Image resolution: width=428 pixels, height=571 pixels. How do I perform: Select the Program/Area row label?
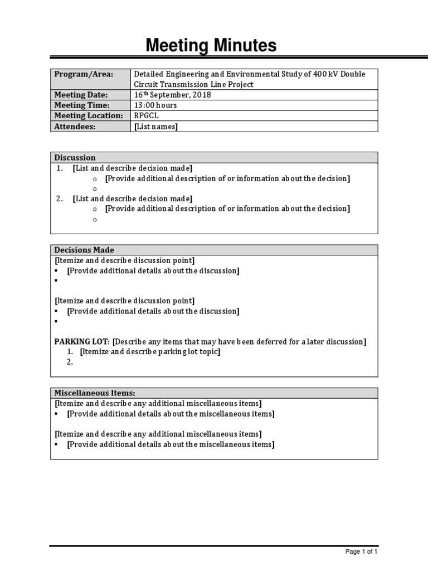click(x=83, y=74)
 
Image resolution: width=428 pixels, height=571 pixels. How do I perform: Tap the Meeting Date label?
click(x=81, y=95)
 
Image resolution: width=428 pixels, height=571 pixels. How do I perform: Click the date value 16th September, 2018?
click(x=172, y=95)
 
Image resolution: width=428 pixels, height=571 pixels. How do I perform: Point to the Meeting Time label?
click(x=82, y=105)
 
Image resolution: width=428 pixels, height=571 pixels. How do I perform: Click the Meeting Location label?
click(x=88, y=116)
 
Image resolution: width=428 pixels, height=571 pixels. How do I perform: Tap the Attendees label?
click(x=75, y=127)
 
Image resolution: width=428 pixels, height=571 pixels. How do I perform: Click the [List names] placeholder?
click(x=156, y=127)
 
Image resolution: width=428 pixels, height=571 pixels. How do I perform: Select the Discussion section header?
click(x=75, y=158)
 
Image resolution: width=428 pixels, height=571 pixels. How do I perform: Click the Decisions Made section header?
click(x=84, y=250)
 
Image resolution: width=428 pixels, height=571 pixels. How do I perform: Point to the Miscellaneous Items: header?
click(x=94, y=394)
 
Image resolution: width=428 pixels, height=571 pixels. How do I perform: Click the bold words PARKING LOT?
click(x=82, y=342)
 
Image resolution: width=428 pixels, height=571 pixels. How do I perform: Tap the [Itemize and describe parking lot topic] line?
click(x=150, y=352)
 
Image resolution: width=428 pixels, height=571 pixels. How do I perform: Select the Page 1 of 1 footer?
click(x=361, y=552)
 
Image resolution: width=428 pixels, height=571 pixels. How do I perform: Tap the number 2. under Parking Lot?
click(x=70, y=362)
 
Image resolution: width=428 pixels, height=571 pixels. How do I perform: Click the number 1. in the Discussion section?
click(x=60, y=168)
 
